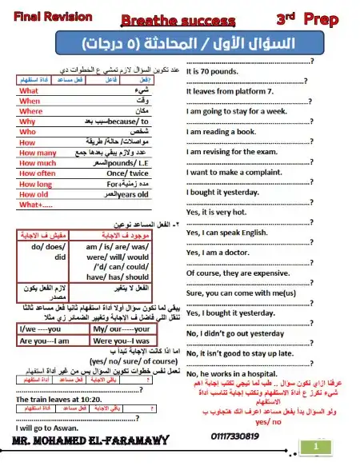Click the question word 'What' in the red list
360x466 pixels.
(x=29, y=91)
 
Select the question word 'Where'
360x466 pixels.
(x=30, y=111)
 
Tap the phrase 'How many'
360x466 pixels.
(x=37, y=152)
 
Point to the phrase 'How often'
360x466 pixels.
(x=37, y=173)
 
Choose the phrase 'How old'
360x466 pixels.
(x=34, y=193)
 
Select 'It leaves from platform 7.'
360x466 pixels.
(x=230, y=92)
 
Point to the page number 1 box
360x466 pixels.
(x=318, y=447)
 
